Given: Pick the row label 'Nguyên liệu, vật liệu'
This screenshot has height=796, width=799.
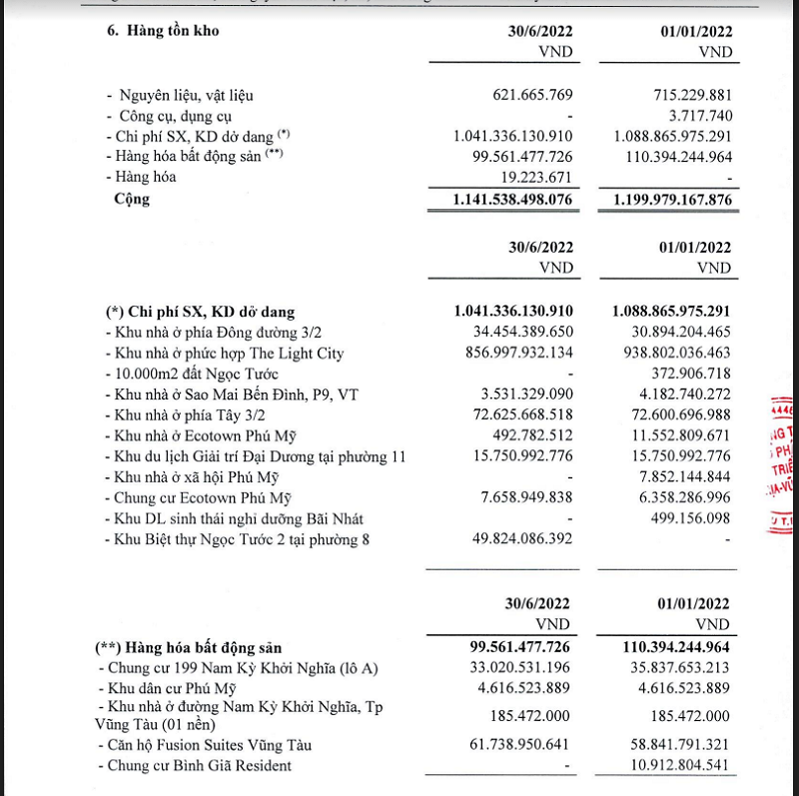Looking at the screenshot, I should coord(186,95).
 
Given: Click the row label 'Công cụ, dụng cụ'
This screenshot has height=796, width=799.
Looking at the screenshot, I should coord(175,115).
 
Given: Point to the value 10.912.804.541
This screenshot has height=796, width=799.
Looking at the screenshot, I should coord(672,766).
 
